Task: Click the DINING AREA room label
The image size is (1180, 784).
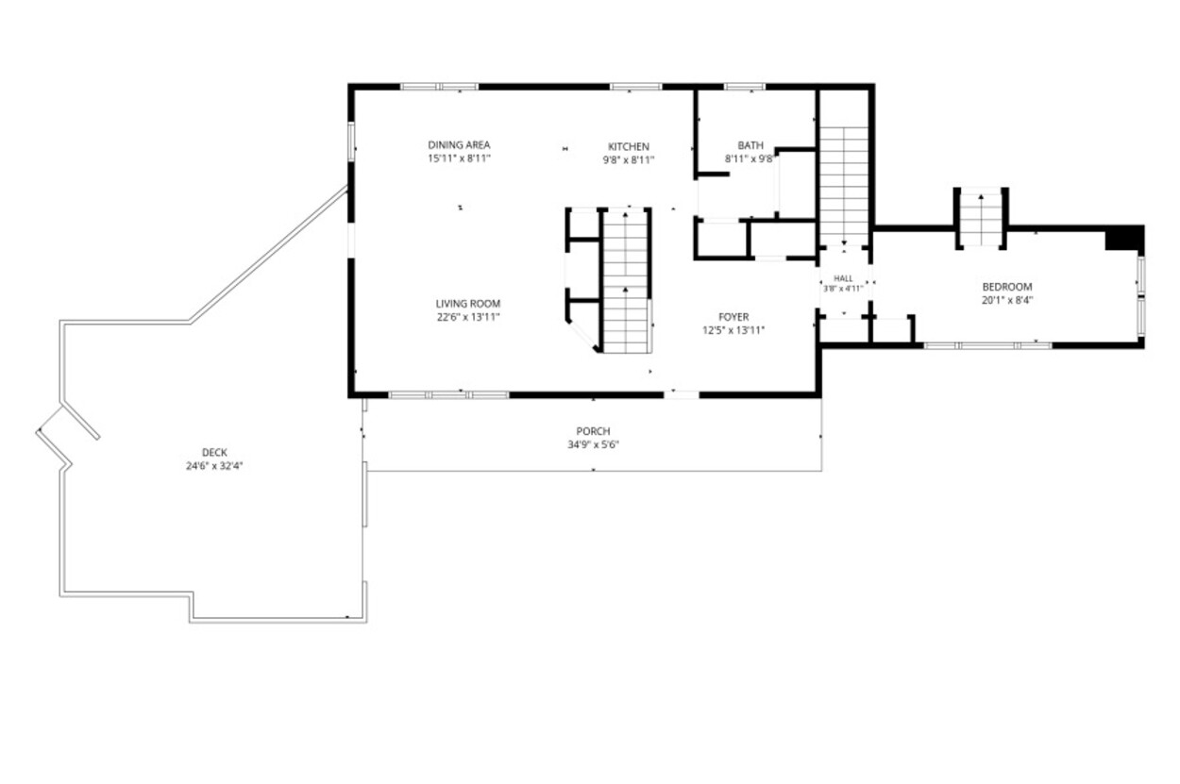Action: pyautogui.click(x=459, y=144)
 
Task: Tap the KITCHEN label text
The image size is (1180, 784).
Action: pyautogui.click(x=629, y=147)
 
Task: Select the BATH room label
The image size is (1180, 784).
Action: pyautogui.click(x=750, y=145)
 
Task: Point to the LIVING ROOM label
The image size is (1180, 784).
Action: pyautogui.click(x=468, y=304)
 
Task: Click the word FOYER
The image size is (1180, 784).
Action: pyautogui.click(x=733, y=317)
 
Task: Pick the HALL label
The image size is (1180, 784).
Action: pyautogui.click(x=843, y=278)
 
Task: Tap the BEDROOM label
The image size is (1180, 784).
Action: pyautogui.click(x=1006, y=287)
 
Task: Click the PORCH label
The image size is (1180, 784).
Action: pyautogui.click(x=593, y=431)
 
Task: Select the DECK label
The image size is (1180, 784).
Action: pyautogui.click(x=214, y=452)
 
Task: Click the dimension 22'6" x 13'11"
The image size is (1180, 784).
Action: pyautogui.click(x=468, y=317)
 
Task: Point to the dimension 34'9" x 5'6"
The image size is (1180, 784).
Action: pyautogui.click(x=593, y=445)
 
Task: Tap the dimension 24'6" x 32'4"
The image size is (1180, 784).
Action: pyautogui.click(x=214, y=466)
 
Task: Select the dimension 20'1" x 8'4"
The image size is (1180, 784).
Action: pyautogui.click(x=1007, y=301)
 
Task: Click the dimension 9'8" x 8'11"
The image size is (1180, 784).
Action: pyautogui.click(x=629, y=160)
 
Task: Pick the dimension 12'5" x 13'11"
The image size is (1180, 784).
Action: pyautogui.click(x=733, y=330)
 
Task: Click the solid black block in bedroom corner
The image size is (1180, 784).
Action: pyautogui.click(x=1124, y=238)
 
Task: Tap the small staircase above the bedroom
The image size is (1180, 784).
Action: pyautogui.click(x=981, y=218)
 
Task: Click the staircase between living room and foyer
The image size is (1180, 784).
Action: pyautogui.click(x=625, y=281)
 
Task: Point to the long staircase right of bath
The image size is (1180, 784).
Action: pyautogui.click(x=844, y=185)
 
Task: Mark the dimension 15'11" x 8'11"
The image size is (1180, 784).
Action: pyautogui.click(x=459, y=158)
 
